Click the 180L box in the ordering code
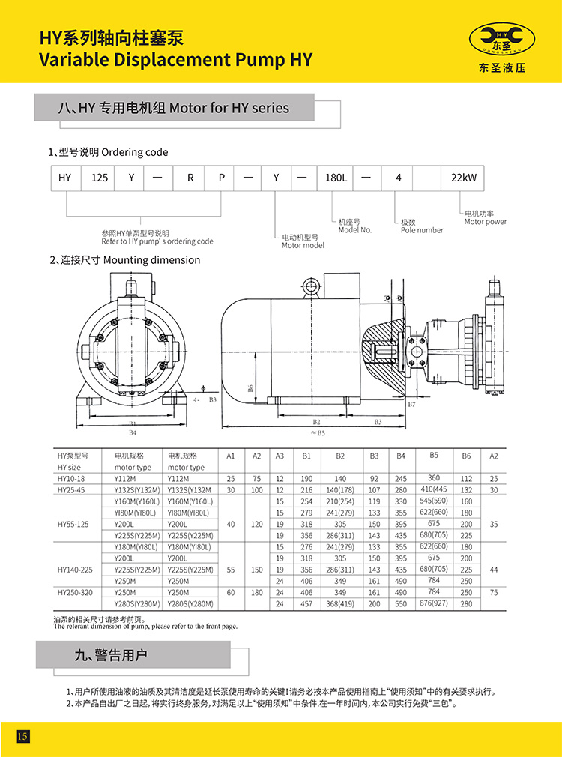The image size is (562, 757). pos(331,178)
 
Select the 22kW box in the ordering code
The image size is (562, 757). pos(462,178)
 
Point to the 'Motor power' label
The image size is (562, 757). pos(485,221)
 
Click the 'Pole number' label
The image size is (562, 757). pos(421,230)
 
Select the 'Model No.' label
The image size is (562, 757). pos(355,230)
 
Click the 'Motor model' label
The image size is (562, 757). pos(303,245)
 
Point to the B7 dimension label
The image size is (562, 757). pos(411,405)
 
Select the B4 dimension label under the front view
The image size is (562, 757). pos(133,433)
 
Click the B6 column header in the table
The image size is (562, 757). pos(466,456)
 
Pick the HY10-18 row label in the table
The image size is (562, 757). pos(71,478)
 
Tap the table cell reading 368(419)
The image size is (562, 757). pos(340,603)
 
